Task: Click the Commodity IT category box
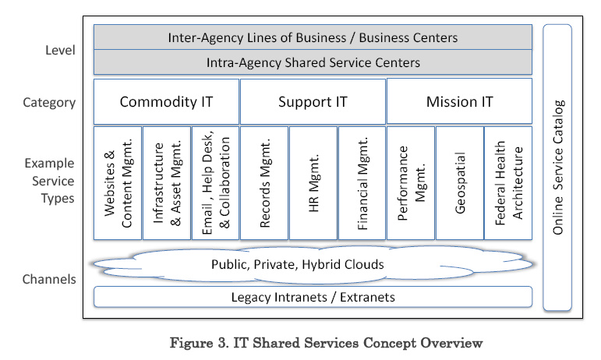(x=166, y=101)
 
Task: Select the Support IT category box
(x=313, y=101)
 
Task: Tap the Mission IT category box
(x=459, y=101)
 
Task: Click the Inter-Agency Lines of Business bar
(x=313, y=37)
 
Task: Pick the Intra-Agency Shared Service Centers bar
(x=313, y=62)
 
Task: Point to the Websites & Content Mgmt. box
(x=118, y=183)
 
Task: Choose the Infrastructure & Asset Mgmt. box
(x=166, y=183)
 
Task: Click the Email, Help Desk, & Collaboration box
(x=215, y=183)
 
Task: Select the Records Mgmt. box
(x=264, y=183)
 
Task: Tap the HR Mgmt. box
(x=313, y=183)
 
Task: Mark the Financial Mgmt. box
(x=362, y=183)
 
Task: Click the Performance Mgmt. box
(x=411, y=183)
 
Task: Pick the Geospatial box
(x=459, y=183)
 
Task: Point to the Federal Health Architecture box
(x=508, y=183)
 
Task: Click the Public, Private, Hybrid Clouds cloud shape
(x=312, y=265)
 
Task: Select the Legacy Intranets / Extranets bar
(x=313, y=297)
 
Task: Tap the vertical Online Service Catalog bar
(x=557, y=168)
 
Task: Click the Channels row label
(x=49, y=279)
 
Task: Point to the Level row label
(x=60, y=51)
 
